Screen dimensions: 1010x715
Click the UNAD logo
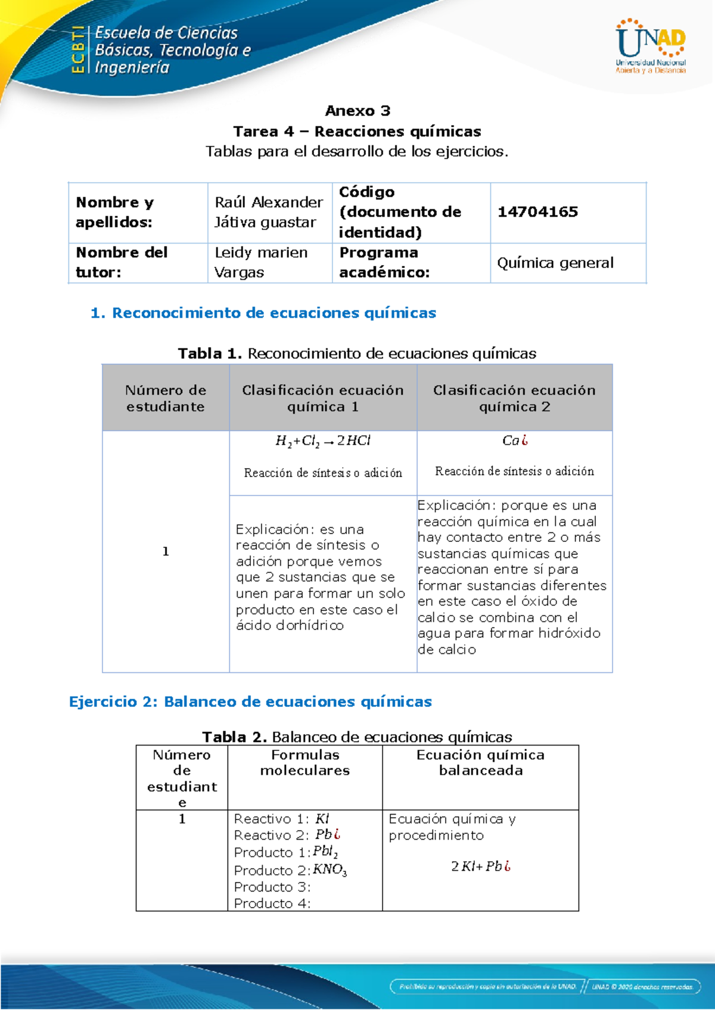coord(651,46)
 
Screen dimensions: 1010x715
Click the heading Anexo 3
coord(357,111)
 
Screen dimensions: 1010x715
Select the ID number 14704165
coord(537,212)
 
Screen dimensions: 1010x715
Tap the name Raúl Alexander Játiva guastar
coord(269,212)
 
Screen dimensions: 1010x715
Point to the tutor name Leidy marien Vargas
coord(261,262)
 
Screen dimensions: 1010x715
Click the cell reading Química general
coord(555,263)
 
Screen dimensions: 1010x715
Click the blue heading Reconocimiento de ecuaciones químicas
coord(263,313)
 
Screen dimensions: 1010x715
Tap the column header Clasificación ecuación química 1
coord(322,398)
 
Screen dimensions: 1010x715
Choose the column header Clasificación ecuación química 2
coord(514,398)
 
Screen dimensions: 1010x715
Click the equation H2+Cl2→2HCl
coord(322,441)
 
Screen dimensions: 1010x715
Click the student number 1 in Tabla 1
coord(166,551)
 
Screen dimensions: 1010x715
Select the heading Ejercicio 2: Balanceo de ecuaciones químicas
coord(250,702)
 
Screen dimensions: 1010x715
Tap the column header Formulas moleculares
coord(304,762)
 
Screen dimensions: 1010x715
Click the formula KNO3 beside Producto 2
coord(329,869)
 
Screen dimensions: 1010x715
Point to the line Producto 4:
coord(272,903)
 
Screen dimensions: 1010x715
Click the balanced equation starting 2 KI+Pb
coord(480,866)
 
